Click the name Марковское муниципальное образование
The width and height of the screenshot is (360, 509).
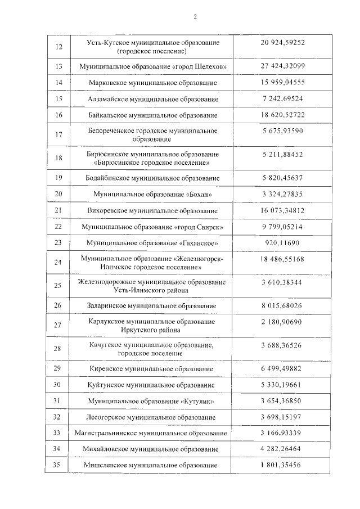152,83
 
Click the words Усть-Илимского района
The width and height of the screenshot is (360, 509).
152,290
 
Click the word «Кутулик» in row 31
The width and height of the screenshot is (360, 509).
199,401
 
